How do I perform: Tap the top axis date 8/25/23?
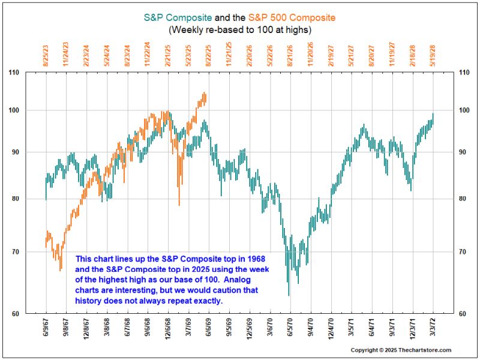click(46, 54)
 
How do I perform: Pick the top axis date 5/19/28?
click(433, 54)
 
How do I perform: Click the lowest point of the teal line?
click(289, 295)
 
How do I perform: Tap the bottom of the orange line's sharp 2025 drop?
click(179, 205)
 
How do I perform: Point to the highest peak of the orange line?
click(205, 93)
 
